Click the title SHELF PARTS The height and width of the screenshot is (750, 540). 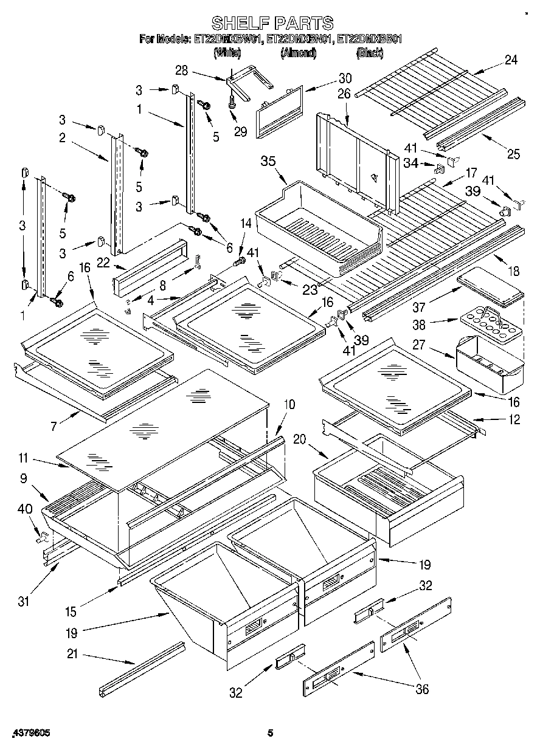pyautogui.click(x=272, y=23)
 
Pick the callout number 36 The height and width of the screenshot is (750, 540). pyautogui.click(x=421, y=689)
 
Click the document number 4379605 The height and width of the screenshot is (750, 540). pyautogui.click(x=30, y=733)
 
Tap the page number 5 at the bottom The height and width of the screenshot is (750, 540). pyautogui.click(x=271, y=733)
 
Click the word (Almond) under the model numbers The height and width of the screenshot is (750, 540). pyautogui.click(x=299, y=53)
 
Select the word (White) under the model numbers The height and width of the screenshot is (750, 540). pyautogui.click(x=227, y=53)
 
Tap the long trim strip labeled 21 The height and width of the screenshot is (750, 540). pyautogui.click(x=141, y=669)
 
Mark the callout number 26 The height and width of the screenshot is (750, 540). pyautogui.click(x=344, y=94)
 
